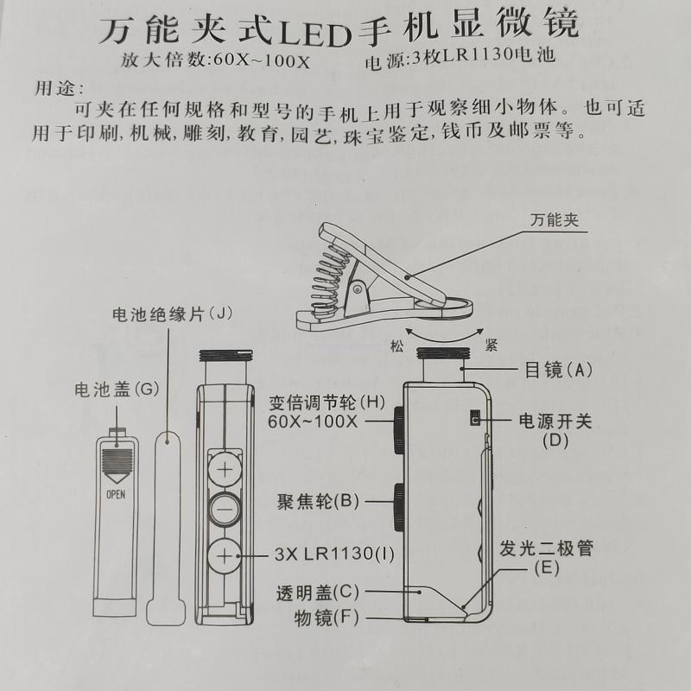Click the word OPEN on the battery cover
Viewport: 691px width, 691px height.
point(116,494)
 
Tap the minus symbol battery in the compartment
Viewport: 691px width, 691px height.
point(225,510)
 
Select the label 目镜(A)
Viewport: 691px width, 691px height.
point(558,370)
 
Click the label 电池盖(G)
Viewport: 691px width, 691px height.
point(117,390)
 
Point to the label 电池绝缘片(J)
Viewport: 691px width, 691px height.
point(172,314)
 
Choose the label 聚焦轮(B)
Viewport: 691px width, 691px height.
point(318,501)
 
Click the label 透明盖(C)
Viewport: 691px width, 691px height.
point(318,593)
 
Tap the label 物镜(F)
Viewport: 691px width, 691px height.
point(326,618)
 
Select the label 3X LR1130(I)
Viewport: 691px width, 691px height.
point(334,554)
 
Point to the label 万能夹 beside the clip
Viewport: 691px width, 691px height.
point(555,219)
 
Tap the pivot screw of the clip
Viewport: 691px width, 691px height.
point(358,289)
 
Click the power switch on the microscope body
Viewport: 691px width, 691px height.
point(475,418)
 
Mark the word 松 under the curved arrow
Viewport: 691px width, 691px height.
point(396,346)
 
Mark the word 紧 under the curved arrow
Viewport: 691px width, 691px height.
point(491,345)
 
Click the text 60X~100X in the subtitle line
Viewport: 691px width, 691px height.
point(262,60)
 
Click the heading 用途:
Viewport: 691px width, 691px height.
point(59,88)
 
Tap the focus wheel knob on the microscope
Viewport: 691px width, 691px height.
point(399,507)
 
